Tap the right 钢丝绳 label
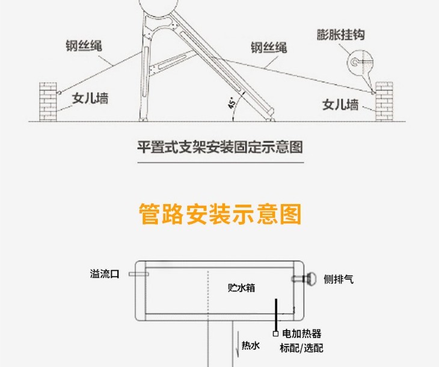(x=269, y=48)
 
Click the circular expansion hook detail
(x=360, y=61)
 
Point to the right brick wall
(x=383, y=100)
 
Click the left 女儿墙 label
(x=90, y=98)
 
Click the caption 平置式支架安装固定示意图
(x=219, y=147)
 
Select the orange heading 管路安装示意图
(x=219, y=214)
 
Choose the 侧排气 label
(x=339, y=280)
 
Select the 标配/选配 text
(x=301, y=348)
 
